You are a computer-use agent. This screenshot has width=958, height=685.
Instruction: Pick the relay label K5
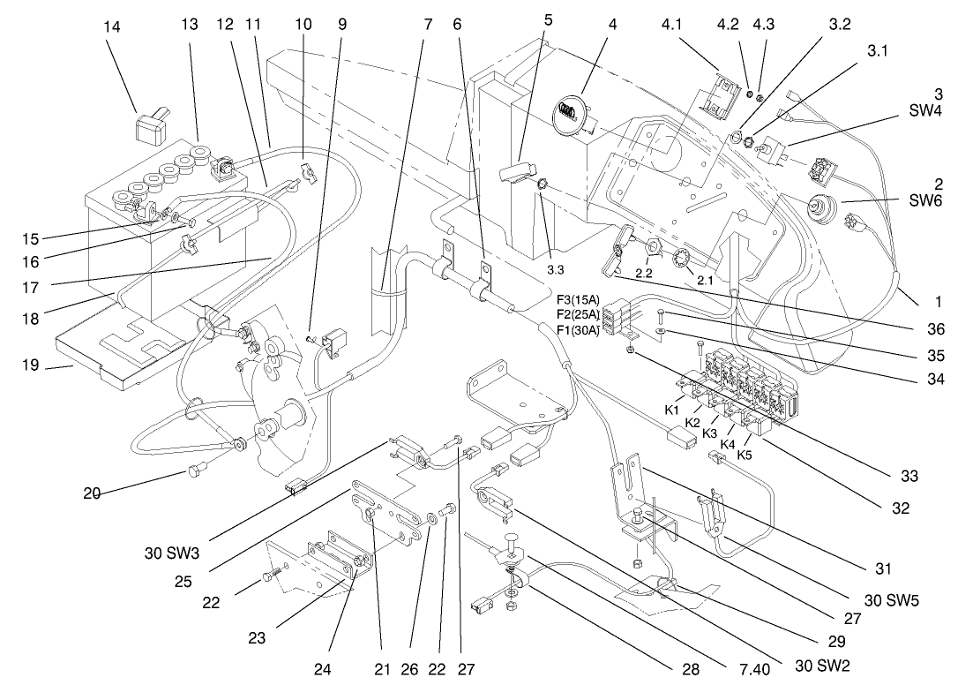[x=745, y=455]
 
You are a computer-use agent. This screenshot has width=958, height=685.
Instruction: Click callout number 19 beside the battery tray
[x=31, y=365]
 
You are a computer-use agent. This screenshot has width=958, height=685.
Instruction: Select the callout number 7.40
[x=752, y=668]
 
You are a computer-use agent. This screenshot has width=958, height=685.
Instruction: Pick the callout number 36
[x=935, y=329]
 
